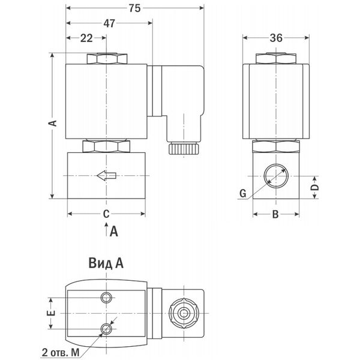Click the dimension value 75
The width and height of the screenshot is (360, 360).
(134, 8)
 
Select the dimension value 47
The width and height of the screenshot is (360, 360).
(109, 23)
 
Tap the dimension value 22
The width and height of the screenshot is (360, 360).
(86, 38)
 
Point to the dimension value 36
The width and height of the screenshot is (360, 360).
(276, 38)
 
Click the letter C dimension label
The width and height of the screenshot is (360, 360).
(106, 214)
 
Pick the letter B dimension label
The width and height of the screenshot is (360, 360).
(275, 214)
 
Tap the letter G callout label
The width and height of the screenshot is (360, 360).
(242, 193)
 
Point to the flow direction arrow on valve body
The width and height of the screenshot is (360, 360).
(107, 176)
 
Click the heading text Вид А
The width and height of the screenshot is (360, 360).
(106, 263)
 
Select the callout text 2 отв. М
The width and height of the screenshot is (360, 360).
(61, 352)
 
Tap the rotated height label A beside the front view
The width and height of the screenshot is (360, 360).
(53, 123)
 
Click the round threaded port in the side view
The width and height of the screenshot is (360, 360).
(276, 176)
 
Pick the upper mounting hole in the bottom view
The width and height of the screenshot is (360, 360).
(106, 298)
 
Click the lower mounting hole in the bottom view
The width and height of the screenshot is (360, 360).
(106, 329)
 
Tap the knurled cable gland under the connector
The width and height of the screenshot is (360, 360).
(184, 149)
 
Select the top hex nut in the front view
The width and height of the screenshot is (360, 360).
(107, 59)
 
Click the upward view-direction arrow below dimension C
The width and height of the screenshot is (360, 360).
(106, 229)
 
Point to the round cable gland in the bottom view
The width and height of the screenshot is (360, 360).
(184, 313)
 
